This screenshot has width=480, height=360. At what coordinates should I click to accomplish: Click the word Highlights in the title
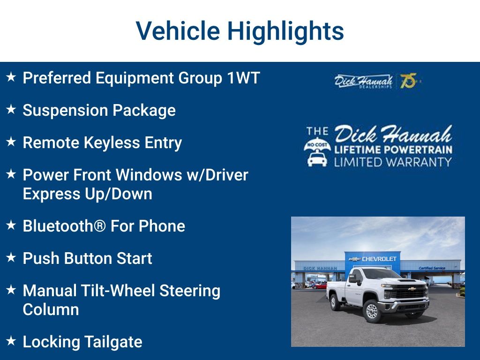(x=285, y=31)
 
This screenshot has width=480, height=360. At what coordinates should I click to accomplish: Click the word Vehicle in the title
(x=178, y=31)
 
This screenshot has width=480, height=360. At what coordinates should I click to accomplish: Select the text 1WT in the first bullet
(x=243, y=78)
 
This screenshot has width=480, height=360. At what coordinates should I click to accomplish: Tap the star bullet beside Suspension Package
(x=11, y=110)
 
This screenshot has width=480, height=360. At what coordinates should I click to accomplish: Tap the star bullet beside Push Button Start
(x=11, y=258)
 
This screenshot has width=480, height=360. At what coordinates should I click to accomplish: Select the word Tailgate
(x=112, y=342)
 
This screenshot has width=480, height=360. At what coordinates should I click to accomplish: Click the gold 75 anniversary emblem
(x=408, y=81)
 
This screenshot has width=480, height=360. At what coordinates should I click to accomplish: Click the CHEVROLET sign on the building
(x=379, y=259)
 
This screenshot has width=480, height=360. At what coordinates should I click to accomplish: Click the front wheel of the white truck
(x=372, y=311)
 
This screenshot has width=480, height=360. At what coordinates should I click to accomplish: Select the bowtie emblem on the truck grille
(x=411, y=289)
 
